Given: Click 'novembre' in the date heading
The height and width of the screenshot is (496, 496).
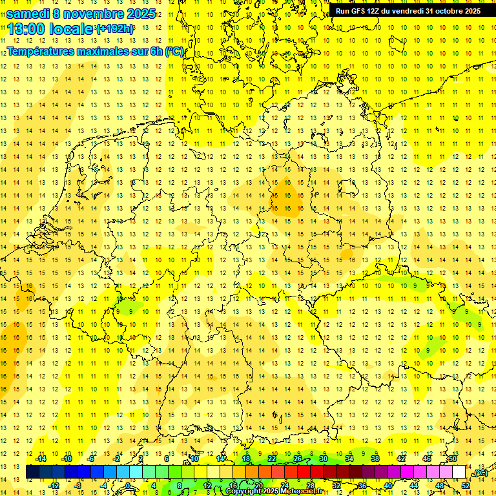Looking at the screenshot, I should [x=92, y=14].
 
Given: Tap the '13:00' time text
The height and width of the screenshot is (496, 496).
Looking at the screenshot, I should [x=26, y=29].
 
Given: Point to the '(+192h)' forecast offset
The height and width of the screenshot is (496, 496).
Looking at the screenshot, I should [x=115, y=29].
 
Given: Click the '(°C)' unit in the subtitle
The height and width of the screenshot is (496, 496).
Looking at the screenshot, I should [x=174, y=51].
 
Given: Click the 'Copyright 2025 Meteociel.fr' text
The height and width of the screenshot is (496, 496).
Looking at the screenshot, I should [x=274, y=491].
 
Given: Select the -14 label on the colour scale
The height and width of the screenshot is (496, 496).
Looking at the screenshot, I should [x=41, y=459].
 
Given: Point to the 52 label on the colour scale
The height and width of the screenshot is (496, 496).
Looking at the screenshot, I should [x=466, y=485].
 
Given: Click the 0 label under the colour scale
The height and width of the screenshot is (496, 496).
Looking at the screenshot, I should [x=128, y=485].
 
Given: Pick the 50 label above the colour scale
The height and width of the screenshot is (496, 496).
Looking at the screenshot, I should [x=453, y=459].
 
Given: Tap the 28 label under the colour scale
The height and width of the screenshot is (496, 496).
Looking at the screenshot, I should [x=311, y=485].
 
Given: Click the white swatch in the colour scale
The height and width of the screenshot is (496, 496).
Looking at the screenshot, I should [x=459, y=472].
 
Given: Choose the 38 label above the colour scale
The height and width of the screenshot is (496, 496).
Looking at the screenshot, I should [x=375, y=459].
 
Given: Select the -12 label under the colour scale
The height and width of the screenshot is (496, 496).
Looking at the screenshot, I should [x=54, y=485].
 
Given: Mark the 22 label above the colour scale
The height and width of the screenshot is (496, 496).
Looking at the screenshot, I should [x=272, y=459].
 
